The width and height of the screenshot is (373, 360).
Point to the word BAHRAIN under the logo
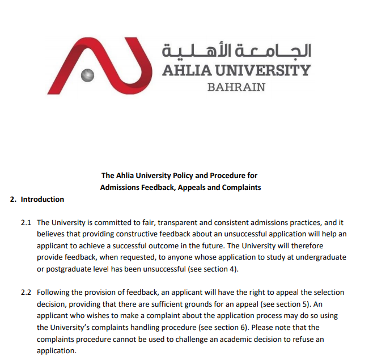coord(236,87)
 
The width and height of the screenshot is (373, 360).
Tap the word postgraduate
coord(70,268)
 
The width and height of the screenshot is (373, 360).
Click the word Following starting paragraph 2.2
coord(54,293)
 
